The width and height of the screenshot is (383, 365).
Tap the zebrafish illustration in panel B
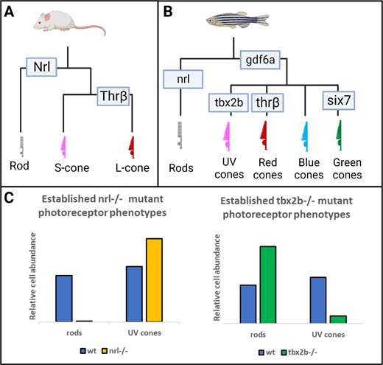coord(237,20)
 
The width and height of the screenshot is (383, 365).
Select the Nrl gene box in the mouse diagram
coord(41,67)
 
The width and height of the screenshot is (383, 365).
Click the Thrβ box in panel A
coord(113,96)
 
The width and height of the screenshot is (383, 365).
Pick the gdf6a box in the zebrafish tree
coord(260,60)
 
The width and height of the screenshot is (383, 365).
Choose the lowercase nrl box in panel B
coord(183,79)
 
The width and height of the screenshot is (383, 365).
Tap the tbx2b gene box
coord(228,102)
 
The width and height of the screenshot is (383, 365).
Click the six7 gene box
coord(339,100)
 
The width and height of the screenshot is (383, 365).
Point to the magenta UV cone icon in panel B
coord(228,136)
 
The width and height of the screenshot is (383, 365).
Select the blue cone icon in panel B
coord(305,136)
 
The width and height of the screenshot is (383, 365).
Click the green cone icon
coord(340,135)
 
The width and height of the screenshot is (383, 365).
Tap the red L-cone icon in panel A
coord(132,147)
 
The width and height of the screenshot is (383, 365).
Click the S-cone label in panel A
coord(71,168)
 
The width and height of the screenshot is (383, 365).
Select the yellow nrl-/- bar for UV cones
coord(154,280)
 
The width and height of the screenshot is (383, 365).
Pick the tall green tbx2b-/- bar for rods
coord(268,285)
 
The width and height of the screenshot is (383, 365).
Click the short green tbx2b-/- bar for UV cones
coord(338,319)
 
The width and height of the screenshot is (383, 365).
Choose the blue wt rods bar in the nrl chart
coord(64,299)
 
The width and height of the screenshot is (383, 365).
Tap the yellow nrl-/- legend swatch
coord(105,351)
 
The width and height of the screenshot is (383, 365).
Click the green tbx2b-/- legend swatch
coord(284,352)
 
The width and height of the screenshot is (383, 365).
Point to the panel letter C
coord(9,198)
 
